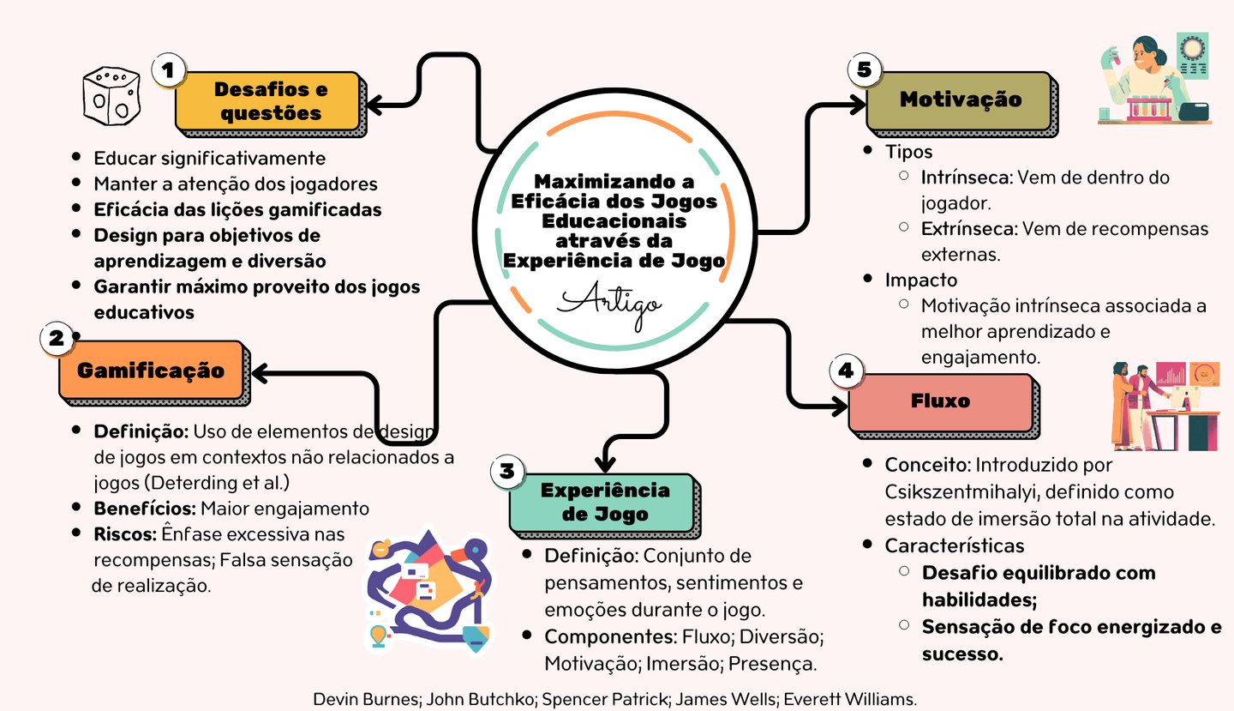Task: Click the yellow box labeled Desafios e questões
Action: pyautogui.click(x=269, y=101)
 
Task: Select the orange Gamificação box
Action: pyautogui.click(x=151, y=371)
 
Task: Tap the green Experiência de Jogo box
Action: pyautogui.click(x=605, y=503)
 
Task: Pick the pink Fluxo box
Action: pyautogui.click(x=940, y=401)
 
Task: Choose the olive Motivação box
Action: pyautogui.click(x=960, y=99)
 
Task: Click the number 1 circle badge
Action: pyautogui.click(x=169, y=72)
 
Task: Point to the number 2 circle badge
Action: pyautogui.click(x=57, y=339)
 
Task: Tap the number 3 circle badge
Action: pyautogui.click(x=507, y=470)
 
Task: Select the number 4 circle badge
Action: pyautogui.click(x=846, y=371)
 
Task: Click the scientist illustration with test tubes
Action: pyautogui.click(x=1153, y=79)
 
